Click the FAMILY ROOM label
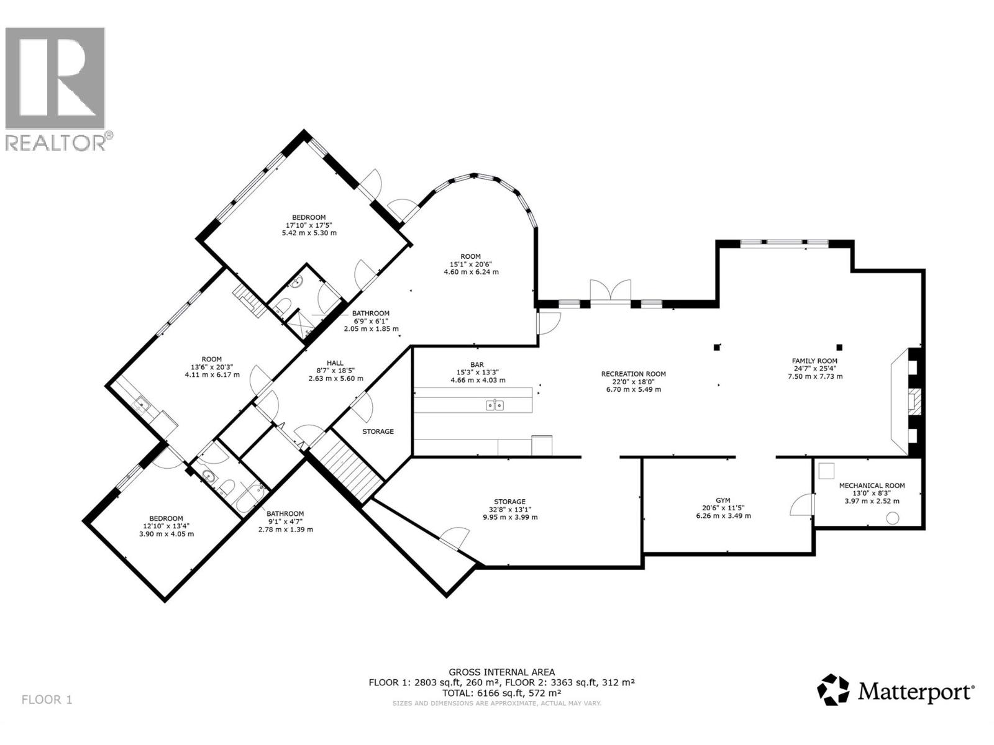pyautogui.click(x=814, y=361)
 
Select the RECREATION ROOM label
pyautogui.click(x=633, y=374)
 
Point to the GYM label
pyautogui.click(x=723, y=500)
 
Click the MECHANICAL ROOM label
pyautogui.click(x=872, y=485)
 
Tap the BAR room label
pyautogui.click(x=477, y=365)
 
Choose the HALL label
pyautogui.click(x=335, y=363)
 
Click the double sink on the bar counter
pyautogui.click(x=495, y=405)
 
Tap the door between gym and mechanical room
pyautogui.click(x=803, y=504)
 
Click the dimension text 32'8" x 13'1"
pyautogui.click(x=509, y=509)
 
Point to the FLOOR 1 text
pyautogui.click(x=47, y=700)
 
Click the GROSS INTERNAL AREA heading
pyautogui.click(x=502, y=672)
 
